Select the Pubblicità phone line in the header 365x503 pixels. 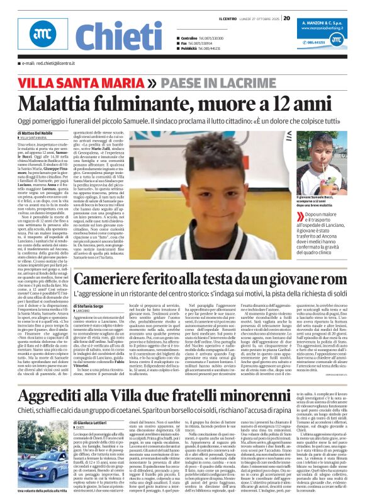point(202,49)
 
